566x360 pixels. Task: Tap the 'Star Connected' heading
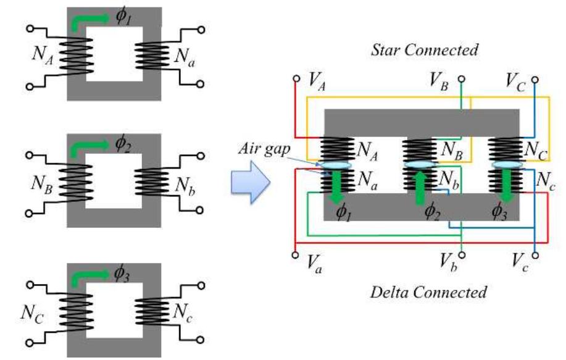click(424, 50)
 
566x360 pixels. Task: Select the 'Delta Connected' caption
click(428, 291)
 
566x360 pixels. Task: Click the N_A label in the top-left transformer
click(43, 55)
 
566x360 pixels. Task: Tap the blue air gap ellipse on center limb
click(422, 165)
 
